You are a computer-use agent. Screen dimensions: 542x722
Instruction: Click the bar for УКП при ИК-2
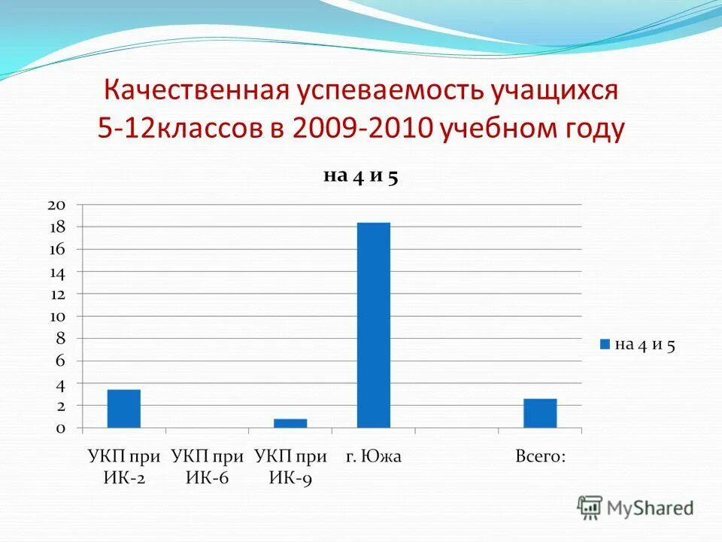coord(123,408)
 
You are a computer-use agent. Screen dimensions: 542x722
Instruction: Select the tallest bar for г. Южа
coord(374,325)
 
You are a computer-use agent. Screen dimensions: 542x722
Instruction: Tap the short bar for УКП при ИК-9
coord(290,423)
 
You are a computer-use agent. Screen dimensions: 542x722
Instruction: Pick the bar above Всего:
coord(540,413)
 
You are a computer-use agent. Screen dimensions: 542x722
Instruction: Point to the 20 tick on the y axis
coord(57,205)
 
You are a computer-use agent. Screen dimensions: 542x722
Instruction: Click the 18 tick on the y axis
coord(57,227)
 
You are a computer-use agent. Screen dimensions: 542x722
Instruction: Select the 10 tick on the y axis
coord(57,316)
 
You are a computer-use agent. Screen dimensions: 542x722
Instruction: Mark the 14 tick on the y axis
coord(57,272)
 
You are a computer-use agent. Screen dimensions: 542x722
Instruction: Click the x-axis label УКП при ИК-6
coord(207,467)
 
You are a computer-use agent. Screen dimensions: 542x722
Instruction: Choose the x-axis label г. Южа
coord(374,456)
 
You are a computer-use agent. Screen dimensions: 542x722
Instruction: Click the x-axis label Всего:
coord(540,456)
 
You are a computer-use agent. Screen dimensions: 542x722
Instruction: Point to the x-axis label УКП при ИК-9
coord(290,467)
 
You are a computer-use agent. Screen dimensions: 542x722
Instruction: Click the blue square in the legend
coord(604,345)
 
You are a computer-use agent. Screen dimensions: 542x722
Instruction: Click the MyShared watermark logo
coord(636,508)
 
